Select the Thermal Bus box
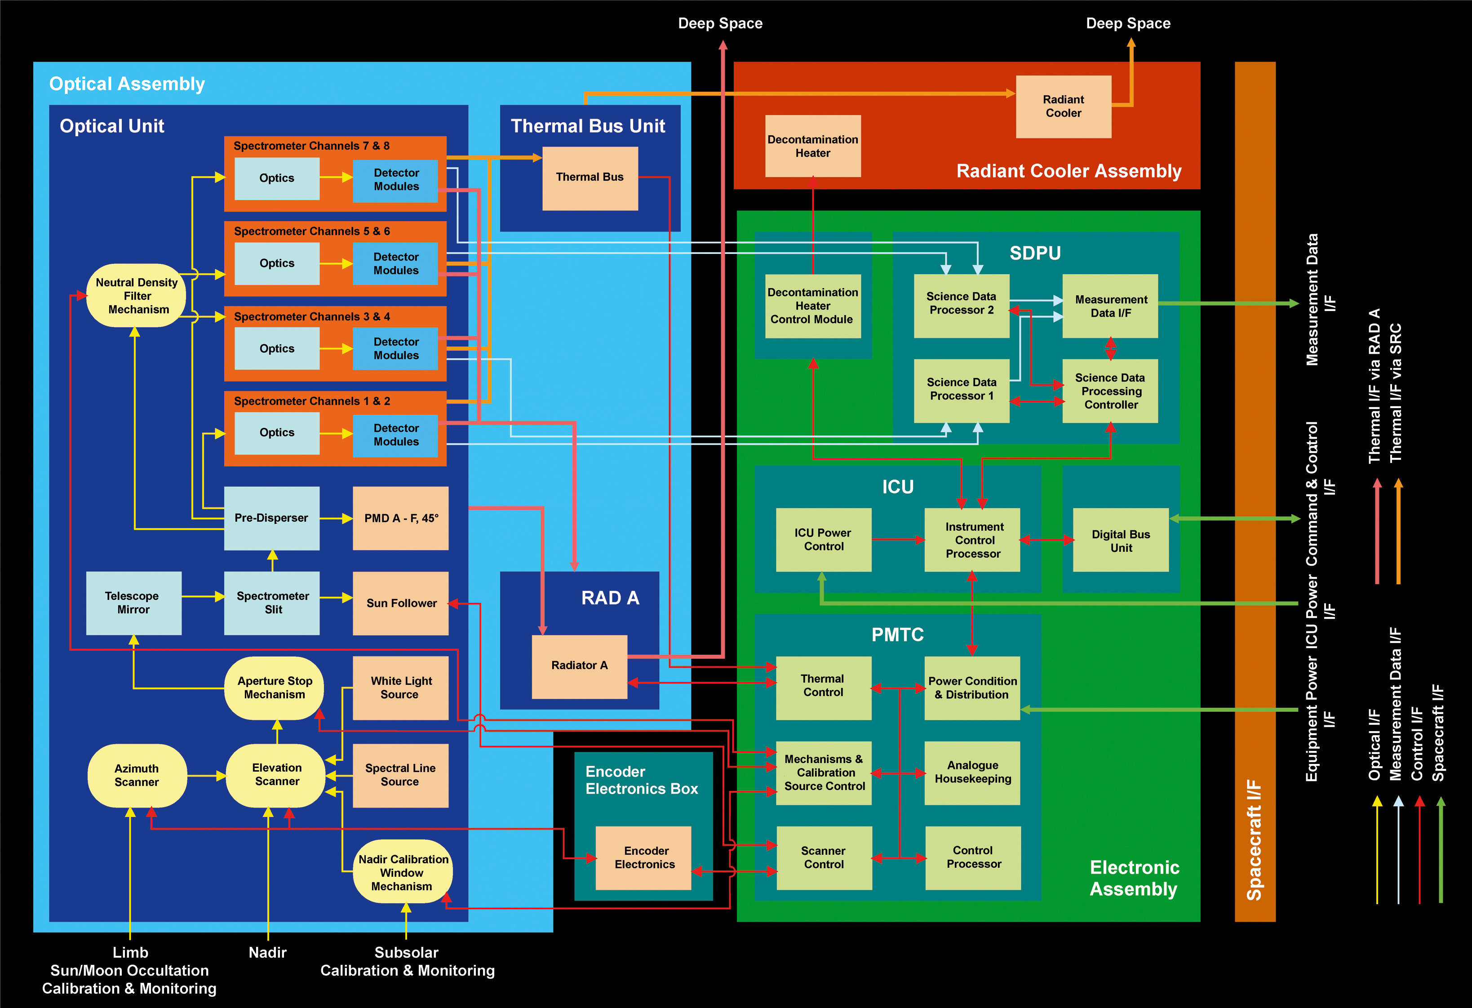(590, 178)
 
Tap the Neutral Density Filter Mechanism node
(137, 296)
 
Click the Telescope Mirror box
(133, 603)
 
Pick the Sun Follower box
(400, 603)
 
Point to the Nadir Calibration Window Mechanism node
(403, 872)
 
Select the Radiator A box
(579, 666)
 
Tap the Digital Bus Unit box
(1121, 541)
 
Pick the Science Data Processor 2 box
(961, 305)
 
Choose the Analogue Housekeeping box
(972, 773)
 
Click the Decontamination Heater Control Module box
(813, 306)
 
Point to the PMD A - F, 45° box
(400, 518)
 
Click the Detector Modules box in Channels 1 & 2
(395, 435)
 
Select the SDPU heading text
(1034, 253)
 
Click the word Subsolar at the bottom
(406, 952)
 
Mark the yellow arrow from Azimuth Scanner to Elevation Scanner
(207, 776)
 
